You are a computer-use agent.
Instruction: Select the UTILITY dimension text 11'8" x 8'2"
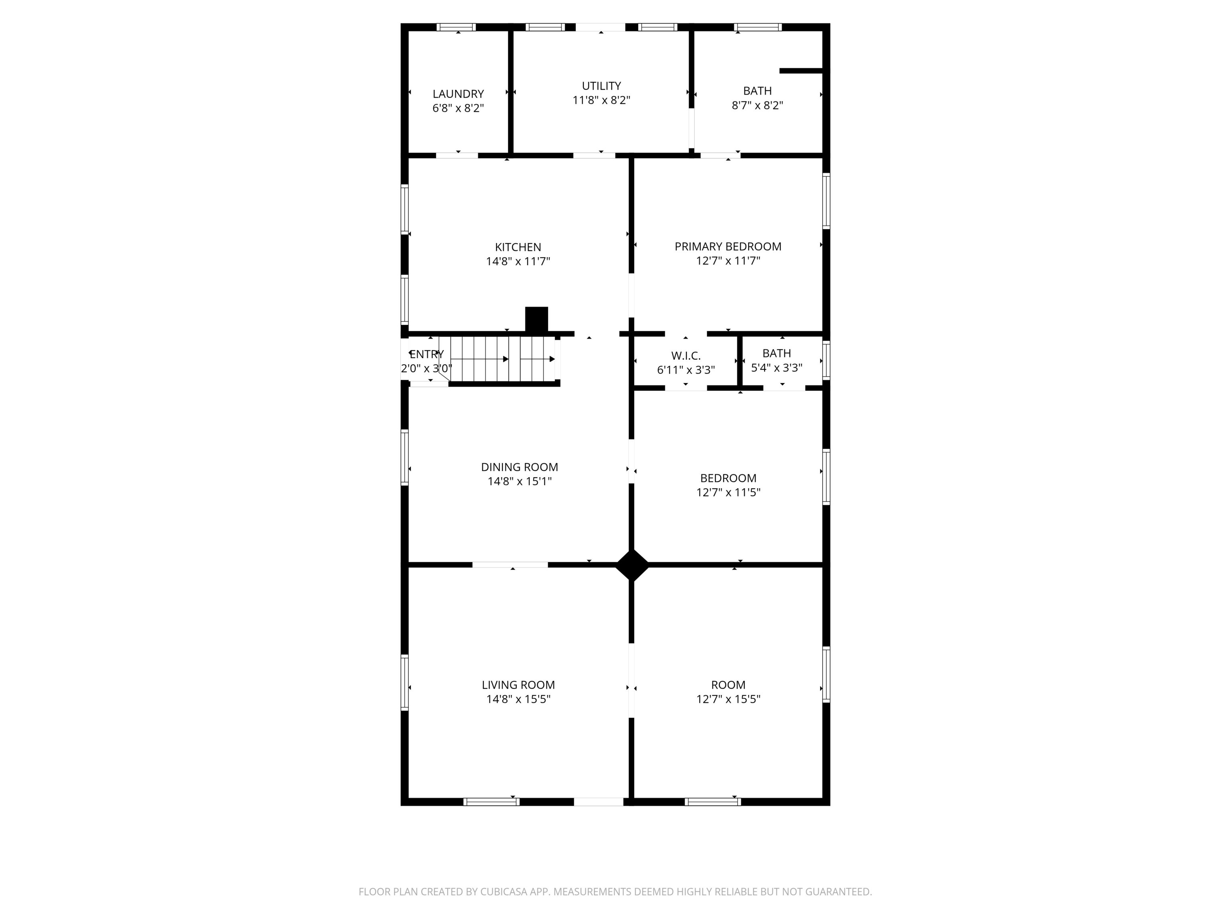[601, 100]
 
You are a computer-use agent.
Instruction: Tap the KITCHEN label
[518, 247]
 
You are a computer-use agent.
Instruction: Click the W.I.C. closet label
[685, 355]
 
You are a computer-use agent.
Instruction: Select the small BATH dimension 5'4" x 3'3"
[776, 368]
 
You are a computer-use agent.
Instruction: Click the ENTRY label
[427, 355]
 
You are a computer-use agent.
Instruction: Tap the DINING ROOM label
[519, 468]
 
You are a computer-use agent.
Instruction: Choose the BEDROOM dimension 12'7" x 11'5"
[728, 492]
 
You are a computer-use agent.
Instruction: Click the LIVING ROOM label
[518, 685]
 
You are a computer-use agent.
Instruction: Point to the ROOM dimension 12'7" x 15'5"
[728, 699]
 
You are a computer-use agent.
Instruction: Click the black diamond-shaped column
[632, 565]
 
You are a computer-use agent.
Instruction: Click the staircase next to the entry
[501, 359]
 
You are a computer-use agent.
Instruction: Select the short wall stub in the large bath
[800, 71]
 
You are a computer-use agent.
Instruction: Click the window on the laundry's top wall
[456, 27]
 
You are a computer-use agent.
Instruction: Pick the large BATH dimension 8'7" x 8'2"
[757, 105]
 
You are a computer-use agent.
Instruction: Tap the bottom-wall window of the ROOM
[712, 802]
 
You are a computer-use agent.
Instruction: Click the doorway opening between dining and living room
[511, 565]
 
